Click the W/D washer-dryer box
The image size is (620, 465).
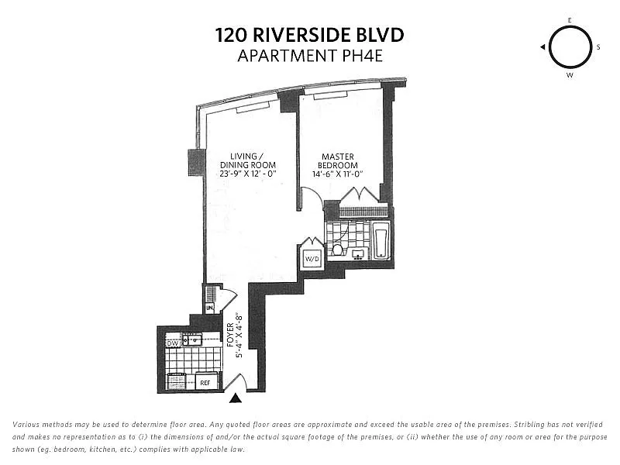[x=312, y=258]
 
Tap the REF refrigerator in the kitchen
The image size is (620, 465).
[x=205, y=382]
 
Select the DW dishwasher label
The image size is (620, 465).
[x=172, y=342]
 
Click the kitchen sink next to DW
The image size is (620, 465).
[x=191, y=339]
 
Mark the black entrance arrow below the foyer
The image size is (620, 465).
[x=236, y=398]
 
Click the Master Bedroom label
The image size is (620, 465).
[x=339, y=160]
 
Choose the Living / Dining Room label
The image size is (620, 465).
[x=247, y=160]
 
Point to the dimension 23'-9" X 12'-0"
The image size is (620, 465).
[x=247, y=174]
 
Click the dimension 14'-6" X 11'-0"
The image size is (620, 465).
[x=339, y=174]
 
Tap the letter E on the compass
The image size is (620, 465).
[x=570, y=20]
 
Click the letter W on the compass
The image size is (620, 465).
[x=570, y=75]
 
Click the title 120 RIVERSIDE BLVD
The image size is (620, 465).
[x=310, y=35]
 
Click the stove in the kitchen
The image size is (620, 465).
[x=177, y=381]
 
